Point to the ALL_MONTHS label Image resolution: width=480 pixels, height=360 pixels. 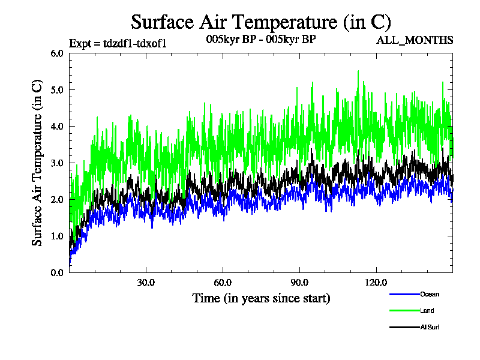pos(415,40)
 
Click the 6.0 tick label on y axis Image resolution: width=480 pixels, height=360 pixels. pos(57,53)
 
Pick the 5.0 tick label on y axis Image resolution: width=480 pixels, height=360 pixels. pos(57,89)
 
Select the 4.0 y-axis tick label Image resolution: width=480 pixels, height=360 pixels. pos(57,126)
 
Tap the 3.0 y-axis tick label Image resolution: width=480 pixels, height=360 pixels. pos(57,163)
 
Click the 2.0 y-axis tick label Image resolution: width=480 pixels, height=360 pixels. pos(57,199)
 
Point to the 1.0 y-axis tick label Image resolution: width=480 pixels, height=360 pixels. pos(57,236)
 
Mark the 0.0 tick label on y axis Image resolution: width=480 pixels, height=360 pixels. pos(57,272)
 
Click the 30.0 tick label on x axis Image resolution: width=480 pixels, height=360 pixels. pos(146,283)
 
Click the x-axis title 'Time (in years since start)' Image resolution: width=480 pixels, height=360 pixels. pos(261,298)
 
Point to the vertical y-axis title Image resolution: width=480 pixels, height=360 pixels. pos(37,163)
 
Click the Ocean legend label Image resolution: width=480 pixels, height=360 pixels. pos(430,294)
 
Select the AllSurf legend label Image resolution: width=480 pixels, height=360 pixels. pos(431,327)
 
